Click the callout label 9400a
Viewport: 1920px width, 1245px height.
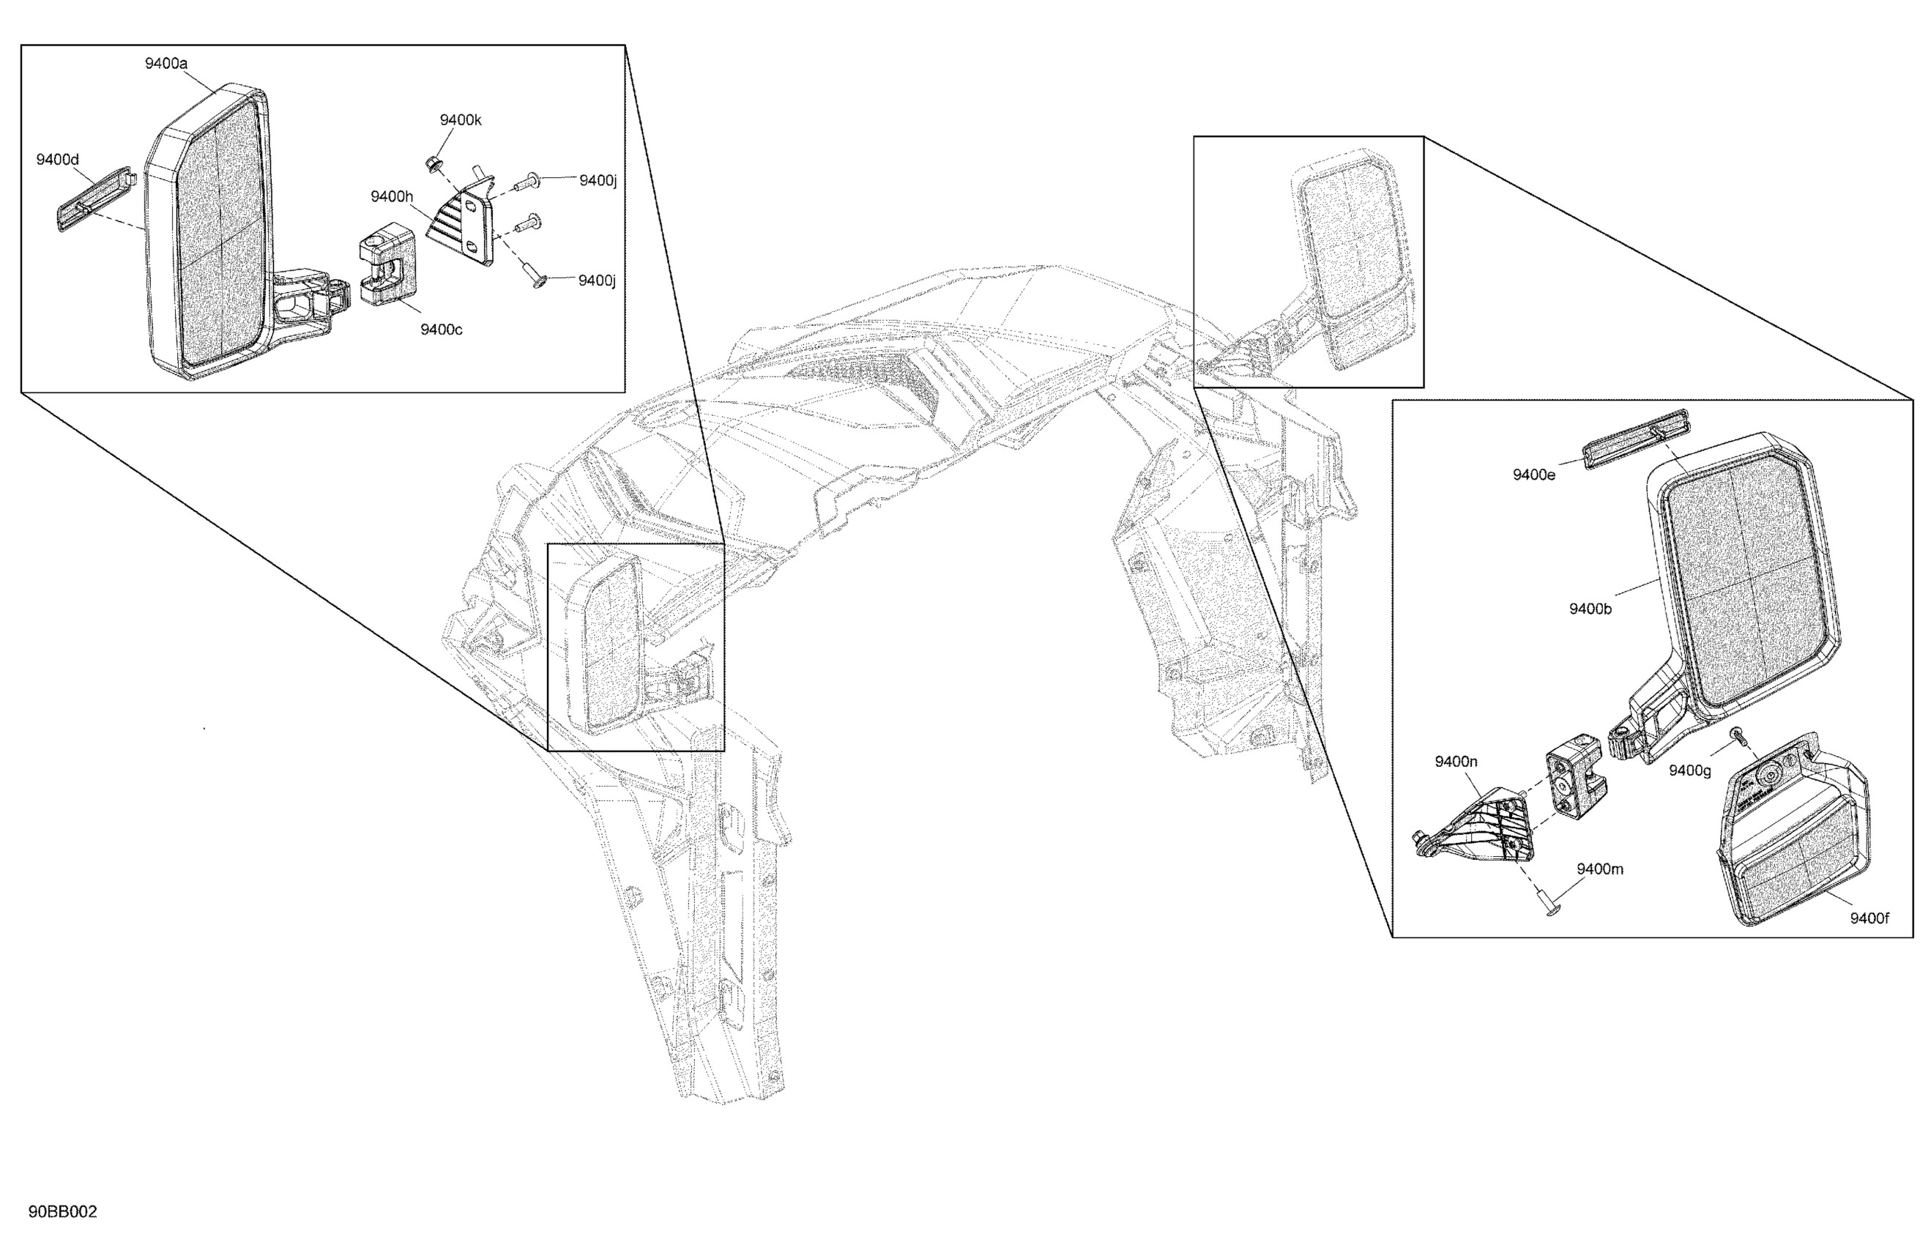click(x=166, y=63)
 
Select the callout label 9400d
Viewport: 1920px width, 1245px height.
click(x=57, y=160)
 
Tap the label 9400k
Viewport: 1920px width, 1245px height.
click(x=460, y=120)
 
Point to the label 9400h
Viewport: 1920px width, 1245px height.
click(x=391, y=197)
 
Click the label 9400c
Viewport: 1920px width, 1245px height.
click(x=442, y=330)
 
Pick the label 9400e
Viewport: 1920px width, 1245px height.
click(x=1533, y=475)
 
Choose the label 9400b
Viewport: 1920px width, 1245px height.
click(x=1590, y=609)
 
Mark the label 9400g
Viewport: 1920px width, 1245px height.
click(x=1690, y=770)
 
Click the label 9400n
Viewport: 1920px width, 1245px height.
click(x=1456, y=762)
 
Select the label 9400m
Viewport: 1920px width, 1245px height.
click(x=1600, y=869)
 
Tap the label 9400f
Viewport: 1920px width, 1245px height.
click(x=1869, y=918)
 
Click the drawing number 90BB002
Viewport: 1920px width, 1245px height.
click(x=63, y=1212)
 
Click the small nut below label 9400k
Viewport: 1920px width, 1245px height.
click(x=431, y=165)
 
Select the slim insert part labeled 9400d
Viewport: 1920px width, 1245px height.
click(x=94, y=200)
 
